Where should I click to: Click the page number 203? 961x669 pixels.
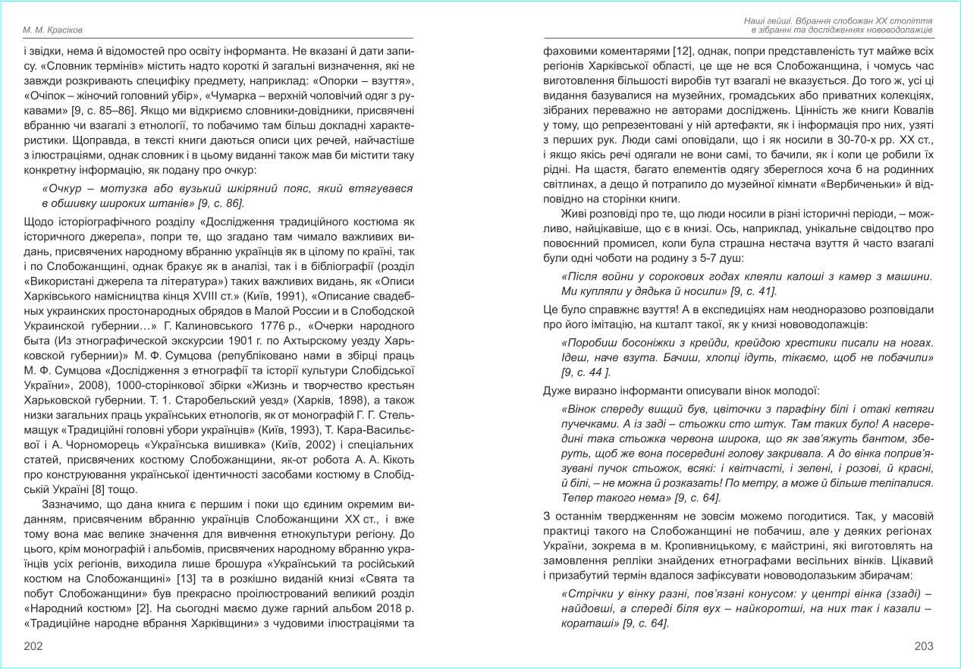(x=923, y=646)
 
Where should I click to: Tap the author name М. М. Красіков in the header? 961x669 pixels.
(x=52, y=30)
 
